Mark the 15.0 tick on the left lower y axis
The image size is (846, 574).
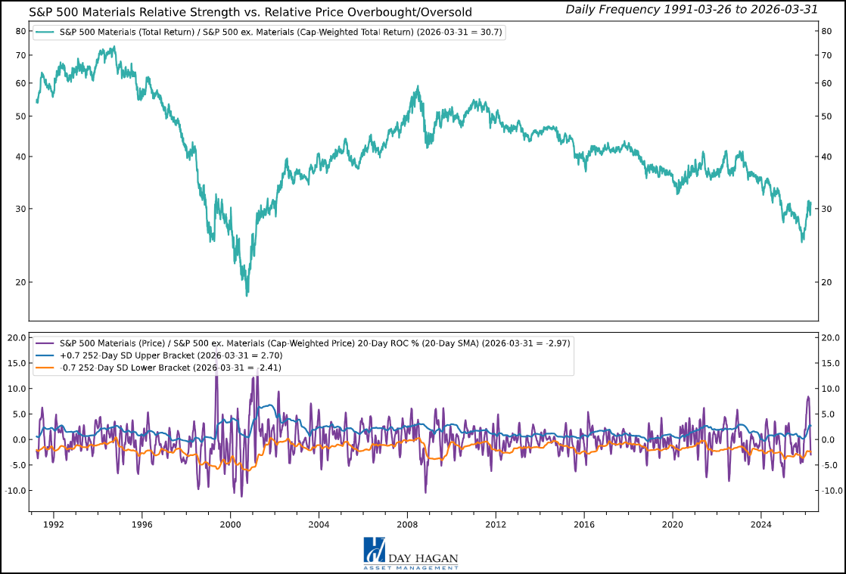pos(17,363)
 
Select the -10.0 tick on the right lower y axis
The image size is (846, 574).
pos(829,490)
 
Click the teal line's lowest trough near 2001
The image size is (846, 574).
pos(247,295)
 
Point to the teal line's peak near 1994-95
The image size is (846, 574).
pos(114,47)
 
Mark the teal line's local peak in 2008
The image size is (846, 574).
pos(418,87)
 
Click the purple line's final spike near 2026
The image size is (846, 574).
pos(807,396)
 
